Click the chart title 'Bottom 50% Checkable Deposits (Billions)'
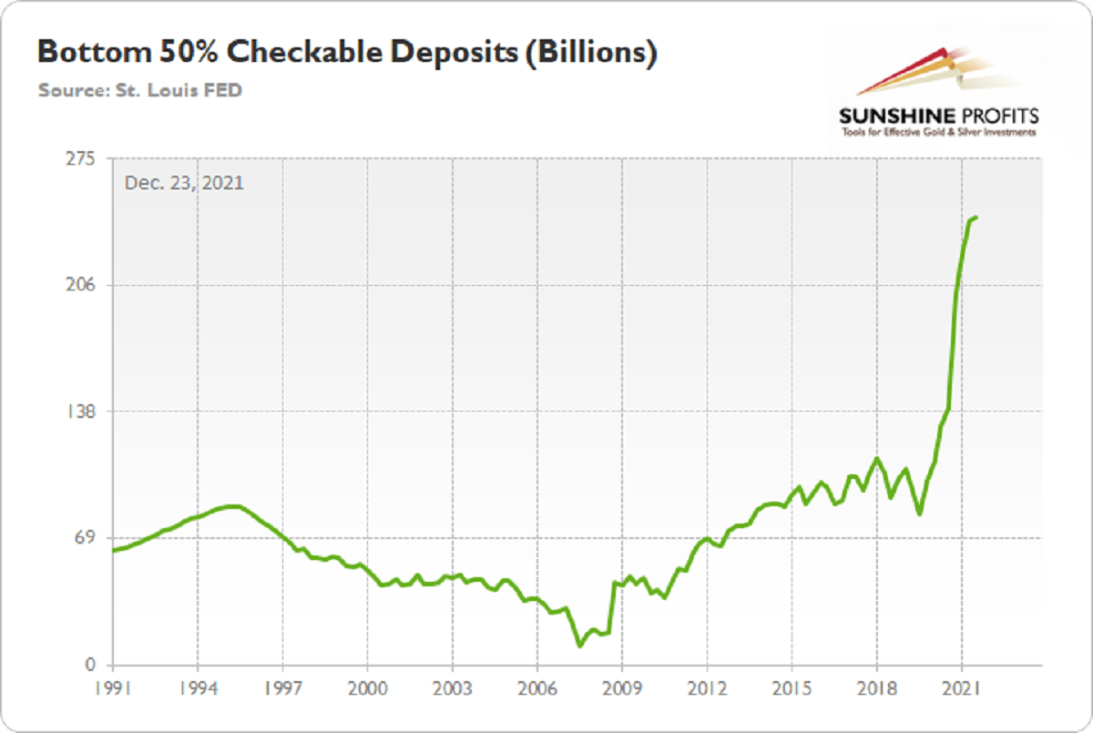[x=346, y=54]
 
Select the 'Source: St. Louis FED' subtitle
[x=140, y=91]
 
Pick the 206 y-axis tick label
[x=81, y=285]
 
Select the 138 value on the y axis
[x=81, y=411]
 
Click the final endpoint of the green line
[x=976, y=217]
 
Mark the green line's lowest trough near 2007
[x=579, y=646]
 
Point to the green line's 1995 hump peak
[x=232, y=505]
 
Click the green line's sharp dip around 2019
[x=920, y=514]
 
